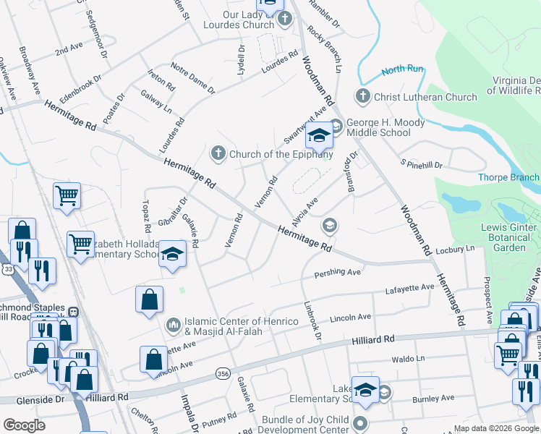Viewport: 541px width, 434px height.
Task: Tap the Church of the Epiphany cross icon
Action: coord(218,153)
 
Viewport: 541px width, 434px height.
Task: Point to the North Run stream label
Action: coord(402,70)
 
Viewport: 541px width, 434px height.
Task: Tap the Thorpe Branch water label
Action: coord(508,177)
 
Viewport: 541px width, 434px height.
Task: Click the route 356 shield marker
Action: coord(223,373)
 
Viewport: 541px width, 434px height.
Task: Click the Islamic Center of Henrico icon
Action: coord(172,323)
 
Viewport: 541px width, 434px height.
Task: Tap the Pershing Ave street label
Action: coord(337,273)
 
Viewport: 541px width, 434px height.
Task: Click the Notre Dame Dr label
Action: coord(193,78)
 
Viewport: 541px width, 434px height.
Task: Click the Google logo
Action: coord(24,425)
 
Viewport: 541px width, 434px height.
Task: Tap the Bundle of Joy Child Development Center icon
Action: coord(360,422)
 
